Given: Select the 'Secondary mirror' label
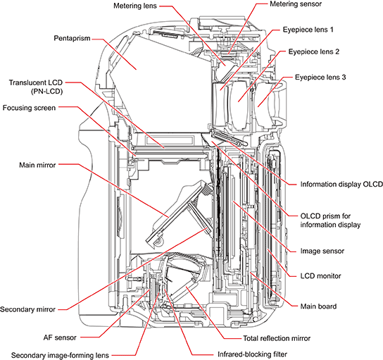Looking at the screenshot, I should [x=30, y=309].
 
